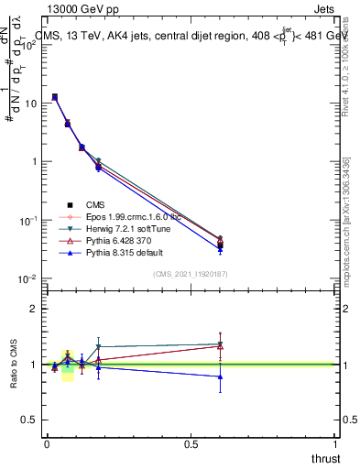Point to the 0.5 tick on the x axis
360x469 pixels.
(x=191, y=444)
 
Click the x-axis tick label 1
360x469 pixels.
(x=335, y=444)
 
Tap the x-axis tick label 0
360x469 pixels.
(x=47, y=444)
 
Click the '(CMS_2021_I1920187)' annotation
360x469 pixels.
(x=191, y=273)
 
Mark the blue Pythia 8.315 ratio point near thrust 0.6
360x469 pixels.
(x=220, y=376)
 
